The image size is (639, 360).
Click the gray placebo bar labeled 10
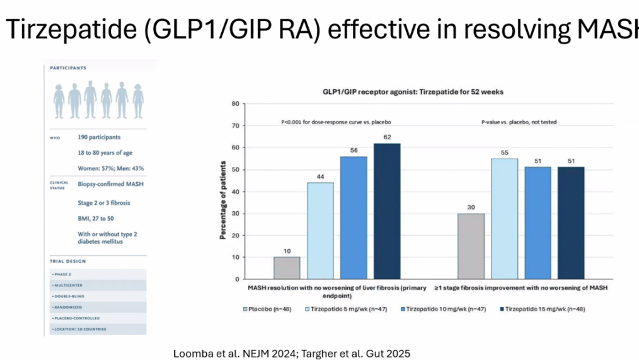(x=287, y=268)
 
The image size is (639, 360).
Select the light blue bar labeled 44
(x=320, y=231)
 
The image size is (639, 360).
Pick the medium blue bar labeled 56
(x=354, y=217)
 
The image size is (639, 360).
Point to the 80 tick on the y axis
(x=235, y=103)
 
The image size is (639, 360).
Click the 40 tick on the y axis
(x=235, y=191)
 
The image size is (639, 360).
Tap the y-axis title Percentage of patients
(x=222, y=191)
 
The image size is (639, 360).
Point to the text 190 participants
(x=96, y=137)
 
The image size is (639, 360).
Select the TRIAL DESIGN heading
(x=68, y=261)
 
